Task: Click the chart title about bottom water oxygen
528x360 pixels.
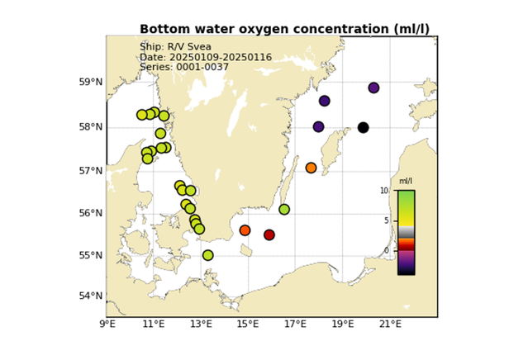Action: (284, 29)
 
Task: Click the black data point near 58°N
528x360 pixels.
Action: (364, 127)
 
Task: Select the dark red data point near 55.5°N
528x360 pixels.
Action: (269, 234)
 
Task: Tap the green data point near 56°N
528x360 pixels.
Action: (284, 209)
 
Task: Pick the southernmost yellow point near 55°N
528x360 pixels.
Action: (207, 255)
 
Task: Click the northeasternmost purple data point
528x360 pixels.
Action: (373, 88)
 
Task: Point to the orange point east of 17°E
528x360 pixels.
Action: (311, 168)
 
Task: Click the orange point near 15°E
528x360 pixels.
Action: (245, 230)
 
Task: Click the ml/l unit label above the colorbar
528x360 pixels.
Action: (406, 181)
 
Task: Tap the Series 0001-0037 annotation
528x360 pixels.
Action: (180, 67)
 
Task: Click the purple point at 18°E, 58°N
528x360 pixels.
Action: (319, 126)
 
